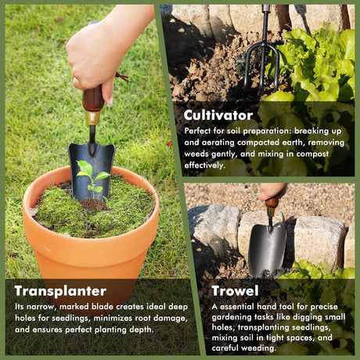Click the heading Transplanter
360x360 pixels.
[x=60, y=291]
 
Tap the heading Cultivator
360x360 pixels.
[x=218, y=115]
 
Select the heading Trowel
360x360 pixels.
[x=235, y=290]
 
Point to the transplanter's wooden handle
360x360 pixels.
[x=93, y=98]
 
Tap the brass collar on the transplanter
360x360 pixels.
[x=92, y=118]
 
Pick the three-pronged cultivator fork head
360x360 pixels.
[x=262, y=65]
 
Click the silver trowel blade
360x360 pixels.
[x=267, y=250]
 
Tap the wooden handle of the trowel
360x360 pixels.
[x=272, y=203]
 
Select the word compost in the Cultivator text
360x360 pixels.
[x=312, y=154]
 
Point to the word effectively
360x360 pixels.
[x=204, y=165]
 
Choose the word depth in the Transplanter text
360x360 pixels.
[x=141, y=329]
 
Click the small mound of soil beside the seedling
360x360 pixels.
[x=94, y=204]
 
